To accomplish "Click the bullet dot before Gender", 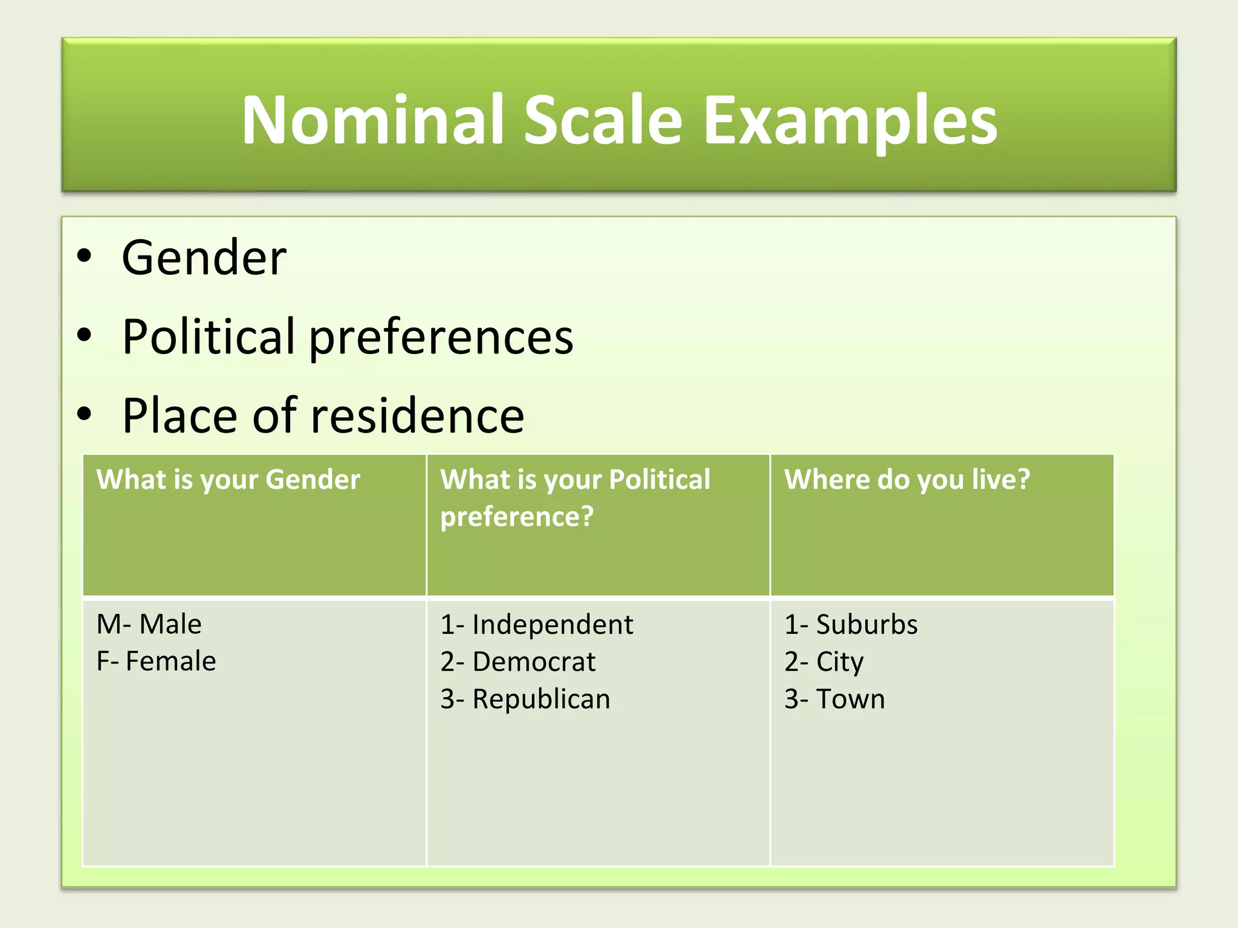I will pos(85,256).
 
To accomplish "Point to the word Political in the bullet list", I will pos(208,336).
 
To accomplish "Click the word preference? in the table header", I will pos(517,517).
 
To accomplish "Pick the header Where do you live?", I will pos(907,480).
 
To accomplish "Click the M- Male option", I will pos(149,624).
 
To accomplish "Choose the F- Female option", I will pos(156,661).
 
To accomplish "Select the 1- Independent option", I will pos(537,625).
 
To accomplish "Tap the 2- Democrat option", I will pos(517,662).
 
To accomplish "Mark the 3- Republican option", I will pos(525,699).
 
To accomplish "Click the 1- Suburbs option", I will pos(851,625).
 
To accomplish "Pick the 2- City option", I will pos(824,662).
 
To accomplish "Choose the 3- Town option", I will pos(834,699).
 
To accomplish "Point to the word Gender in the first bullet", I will pos(204,258).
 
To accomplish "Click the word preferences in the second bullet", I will pos(441,337).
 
